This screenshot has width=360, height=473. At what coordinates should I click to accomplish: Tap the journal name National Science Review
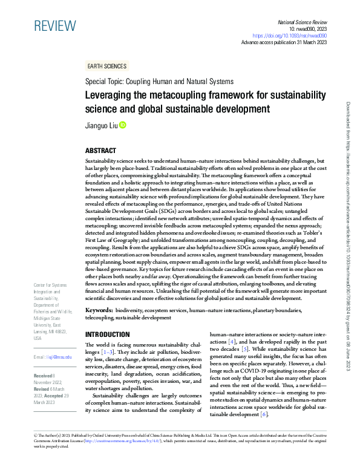point(301,21)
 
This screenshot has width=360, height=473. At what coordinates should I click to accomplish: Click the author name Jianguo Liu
point(101,126)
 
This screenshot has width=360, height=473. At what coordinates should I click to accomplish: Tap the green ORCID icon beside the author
point(122,125)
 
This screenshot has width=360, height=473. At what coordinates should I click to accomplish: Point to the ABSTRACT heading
point(100,151)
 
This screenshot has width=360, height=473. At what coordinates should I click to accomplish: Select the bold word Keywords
point(99,310)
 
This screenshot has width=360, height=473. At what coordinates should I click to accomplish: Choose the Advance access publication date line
point(284,43)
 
